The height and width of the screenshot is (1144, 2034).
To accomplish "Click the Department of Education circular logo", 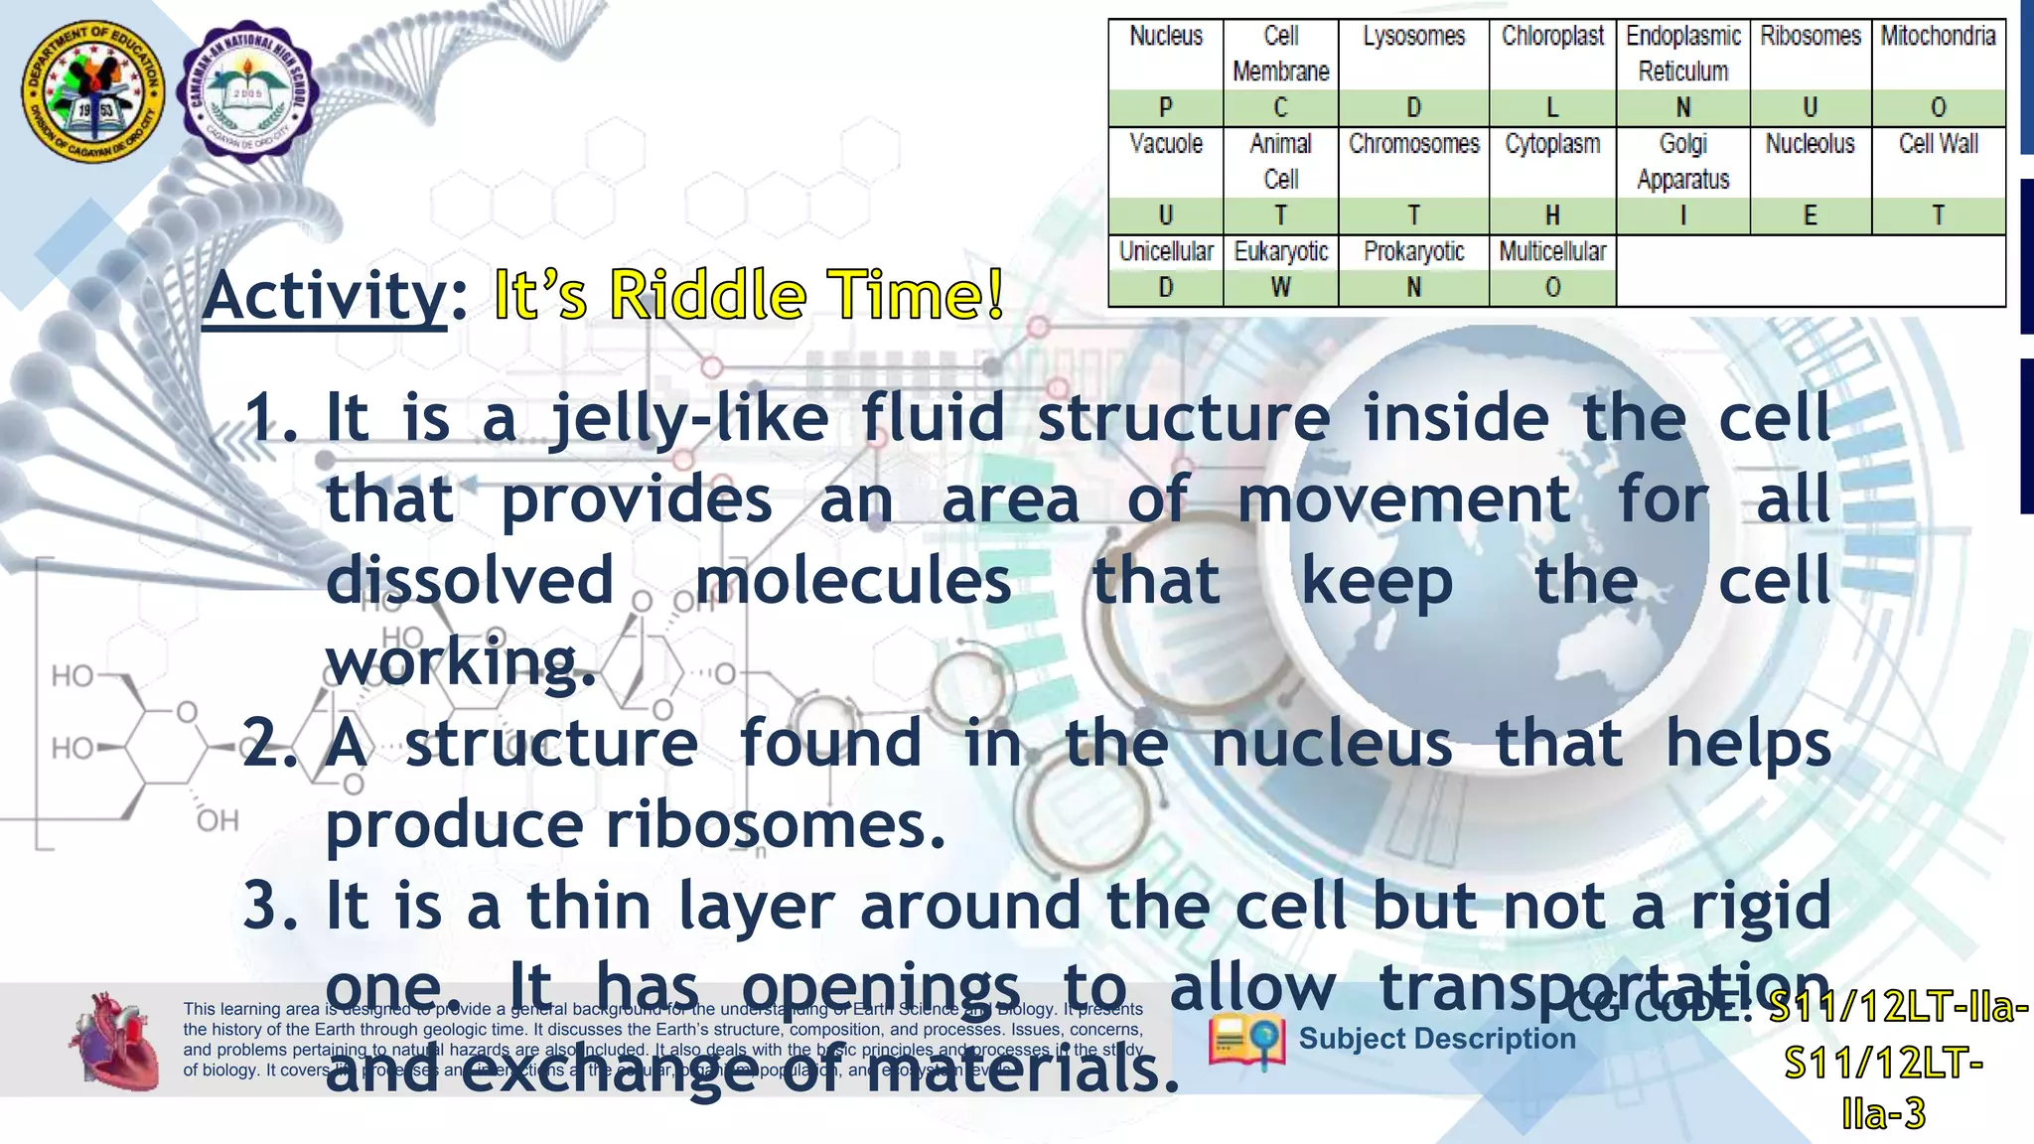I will tap(95, 91).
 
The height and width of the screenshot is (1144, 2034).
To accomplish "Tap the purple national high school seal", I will tap(247, 91).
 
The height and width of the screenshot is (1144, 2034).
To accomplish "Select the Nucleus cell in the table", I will tap(1165, 37).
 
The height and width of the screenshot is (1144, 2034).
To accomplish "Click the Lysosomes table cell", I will tap(1413, 37).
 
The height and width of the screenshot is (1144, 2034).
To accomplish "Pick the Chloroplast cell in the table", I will tap(1552, 37).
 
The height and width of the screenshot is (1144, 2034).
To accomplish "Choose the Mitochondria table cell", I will tap(1938, 37).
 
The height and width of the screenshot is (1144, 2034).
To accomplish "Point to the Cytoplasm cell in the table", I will tap(1552, 145).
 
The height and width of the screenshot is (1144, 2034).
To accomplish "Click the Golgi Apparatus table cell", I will tap(1682, 162).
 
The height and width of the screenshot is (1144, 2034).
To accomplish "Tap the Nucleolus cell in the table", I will tap(1810, 145).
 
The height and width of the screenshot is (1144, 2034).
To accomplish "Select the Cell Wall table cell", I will tap(1938, 145).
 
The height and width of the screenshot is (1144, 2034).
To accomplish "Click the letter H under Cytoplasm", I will tap(1552, 215).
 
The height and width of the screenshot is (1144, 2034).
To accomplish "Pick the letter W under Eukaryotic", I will tap(1280, 288).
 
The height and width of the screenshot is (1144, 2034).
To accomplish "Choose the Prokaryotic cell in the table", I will tap(1413, 252).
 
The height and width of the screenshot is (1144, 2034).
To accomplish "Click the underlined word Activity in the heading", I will tap(326, 296).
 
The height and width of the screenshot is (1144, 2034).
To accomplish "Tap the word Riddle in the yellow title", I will tap(706, 296).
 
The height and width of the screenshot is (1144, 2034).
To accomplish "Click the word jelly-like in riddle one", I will tap(689, 418).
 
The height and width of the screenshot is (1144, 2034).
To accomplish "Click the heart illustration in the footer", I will tap(113, 1041).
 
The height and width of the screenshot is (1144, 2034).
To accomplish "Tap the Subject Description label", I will tap(1436, 1039).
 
